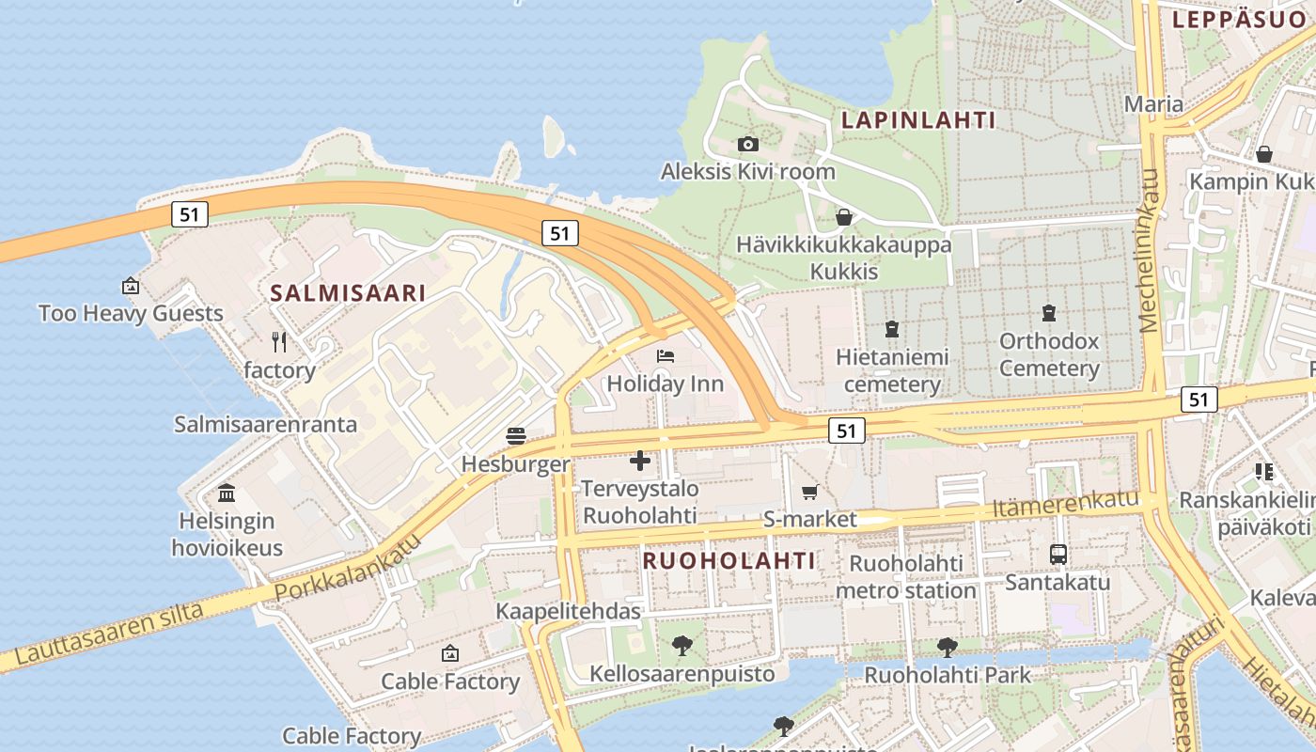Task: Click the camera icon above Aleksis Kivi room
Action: (x=748, y=144)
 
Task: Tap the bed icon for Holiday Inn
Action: (x=666, y=356)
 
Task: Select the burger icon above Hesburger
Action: (x=516, y=436)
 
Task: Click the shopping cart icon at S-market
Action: (x=809, y=492)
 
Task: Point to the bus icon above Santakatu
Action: (x=1058, y=555)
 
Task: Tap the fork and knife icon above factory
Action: (x=279, y=341)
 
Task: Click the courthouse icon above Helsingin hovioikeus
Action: (x=227, y=493)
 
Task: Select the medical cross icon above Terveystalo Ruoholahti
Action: (x=640, y=461)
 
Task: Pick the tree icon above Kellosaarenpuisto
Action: (x=682, y=646)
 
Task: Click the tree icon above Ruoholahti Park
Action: (x=948, y=647)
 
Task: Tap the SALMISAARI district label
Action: (x=348, y=293)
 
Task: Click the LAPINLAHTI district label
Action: (x=918, y=120)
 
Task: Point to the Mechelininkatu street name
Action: (x=1149, y=251)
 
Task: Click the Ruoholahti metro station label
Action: (x=906, y=577)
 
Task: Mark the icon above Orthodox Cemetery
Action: (x=1049, y=313)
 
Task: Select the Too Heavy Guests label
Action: (x=131, y=313)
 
